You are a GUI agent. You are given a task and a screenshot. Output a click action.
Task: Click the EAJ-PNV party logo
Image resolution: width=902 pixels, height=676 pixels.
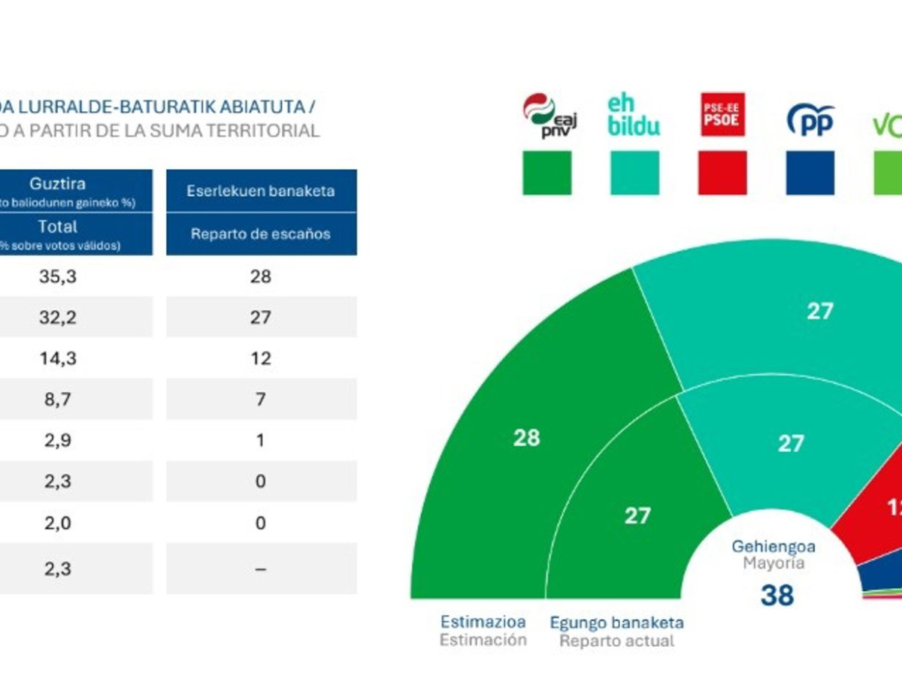(549, 116)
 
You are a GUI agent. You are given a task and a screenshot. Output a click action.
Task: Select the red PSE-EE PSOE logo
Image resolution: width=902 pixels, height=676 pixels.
(722, 115)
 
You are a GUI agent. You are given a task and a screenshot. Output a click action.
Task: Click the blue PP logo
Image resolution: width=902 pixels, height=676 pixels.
(810, 119)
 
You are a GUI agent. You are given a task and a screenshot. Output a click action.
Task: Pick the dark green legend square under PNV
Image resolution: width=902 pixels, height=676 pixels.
(546, 173)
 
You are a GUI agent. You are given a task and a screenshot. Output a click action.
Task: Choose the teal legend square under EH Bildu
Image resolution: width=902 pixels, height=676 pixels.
(634, 173)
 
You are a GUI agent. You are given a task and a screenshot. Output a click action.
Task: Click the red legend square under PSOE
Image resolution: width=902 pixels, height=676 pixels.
(722, 173)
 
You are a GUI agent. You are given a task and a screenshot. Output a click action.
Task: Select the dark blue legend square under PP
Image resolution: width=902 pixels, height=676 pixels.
(810, 173)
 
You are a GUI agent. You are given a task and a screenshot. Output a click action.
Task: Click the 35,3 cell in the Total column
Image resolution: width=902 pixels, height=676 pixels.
(58, 276)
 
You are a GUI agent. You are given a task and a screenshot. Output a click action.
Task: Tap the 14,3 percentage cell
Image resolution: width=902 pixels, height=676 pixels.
(58, 358)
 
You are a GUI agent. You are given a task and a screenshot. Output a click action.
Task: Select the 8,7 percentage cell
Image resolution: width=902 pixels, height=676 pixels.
(58, 399)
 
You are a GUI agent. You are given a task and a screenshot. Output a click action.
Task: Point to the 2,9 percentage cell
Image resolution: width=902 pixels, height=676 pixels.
(58, 440)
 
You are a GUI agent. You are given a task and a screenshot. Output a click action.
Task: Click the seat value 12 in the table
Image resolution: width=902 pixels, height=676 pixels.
(261, 358)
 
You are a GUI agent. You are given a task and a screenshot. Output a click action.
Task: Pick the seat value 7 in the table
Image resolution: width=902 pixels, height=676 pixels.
(261, 399)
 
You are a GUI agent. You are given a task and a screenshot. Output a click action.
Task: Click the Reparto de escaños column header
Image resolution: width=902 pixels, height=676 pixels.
(261, 234)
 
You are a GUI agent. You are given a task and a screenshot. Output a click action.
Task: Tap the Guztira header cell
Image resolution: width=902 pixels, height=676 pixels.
(58, 184)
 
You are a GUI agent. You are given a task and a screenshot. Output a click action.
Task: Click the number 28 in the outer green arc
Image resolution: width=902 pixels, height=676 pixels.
(526, 438)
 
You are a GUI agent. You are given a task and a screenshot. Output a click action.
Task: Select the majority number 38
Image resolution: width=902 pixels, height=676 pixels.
(777, 595)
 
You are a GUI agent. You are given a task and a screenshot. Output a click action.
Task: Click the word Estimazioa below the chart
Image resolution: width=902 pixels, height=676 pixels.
(483, 622)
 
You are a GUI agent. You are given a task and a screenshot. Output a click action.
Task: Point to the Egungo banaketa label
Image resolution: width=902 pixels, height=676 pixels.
(616, 623)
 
